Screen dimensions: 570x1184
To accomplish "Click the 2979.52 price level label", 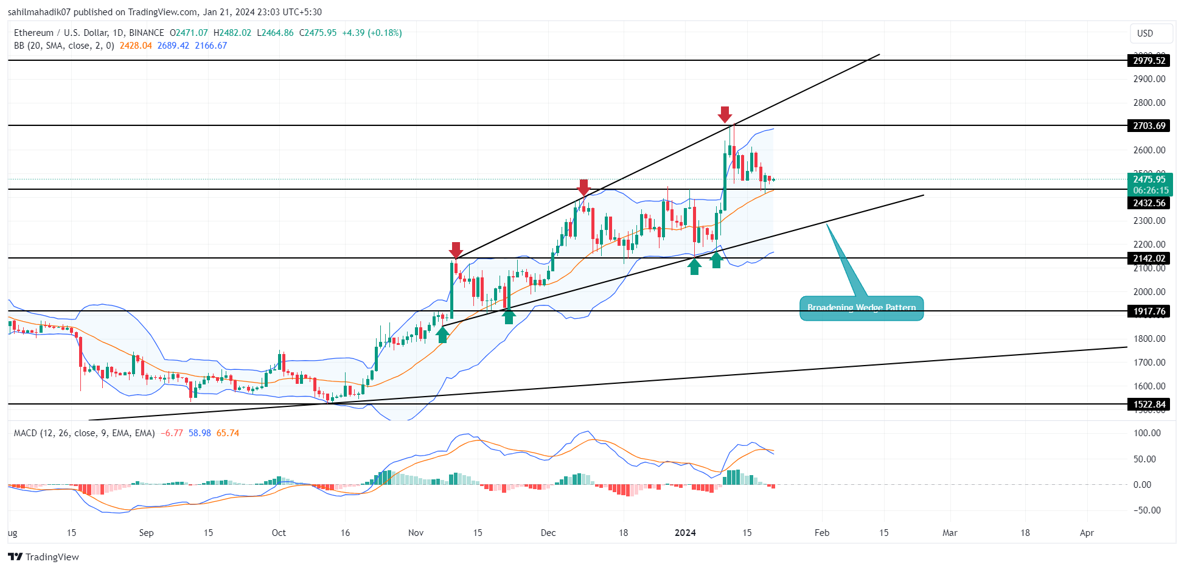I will [x=1149, y=60].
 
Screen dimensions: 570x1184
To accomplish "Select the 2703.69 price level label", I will [x=1149, y=126].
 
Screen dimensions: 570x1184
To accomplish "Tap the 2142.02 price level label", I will [x=1149, y=259].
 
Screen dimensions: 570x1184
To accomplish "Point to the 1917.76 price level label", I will [x=1149, y=311].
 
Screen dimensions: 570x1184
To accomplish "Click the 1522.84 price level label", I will [x=1149, y=405].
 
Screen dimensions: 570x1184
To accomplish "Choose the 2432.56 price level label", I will [x=1149, y=203].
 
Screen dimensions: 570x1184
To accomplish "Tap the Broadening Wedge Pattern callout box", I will [x=861, y=308].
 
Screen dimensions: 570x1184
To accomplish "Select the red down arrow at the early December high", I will [x=583, y=187].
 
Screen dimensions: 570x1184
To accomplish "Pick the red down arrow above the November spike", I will [x=456, y=249].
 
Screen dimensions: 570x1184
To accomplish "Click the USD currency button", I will [x=1144, y=33].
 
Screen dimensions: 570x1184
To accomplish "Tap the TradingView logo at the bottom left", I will [x=43, y=557].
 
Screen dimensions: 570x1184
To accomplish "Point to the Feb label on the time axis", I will [x=821, y=533].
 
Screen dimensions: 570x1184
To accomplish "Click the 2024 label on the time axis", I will [x=685, y=533].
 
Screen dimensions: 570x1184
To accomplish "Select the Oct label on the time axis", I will [x=279, y=533].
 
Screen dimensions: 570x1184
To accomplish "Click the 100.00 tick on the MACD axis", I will [x=1146, y=433].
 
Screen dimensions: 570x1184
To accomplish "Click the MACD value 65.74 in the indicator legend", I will [x=228, y=433].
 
